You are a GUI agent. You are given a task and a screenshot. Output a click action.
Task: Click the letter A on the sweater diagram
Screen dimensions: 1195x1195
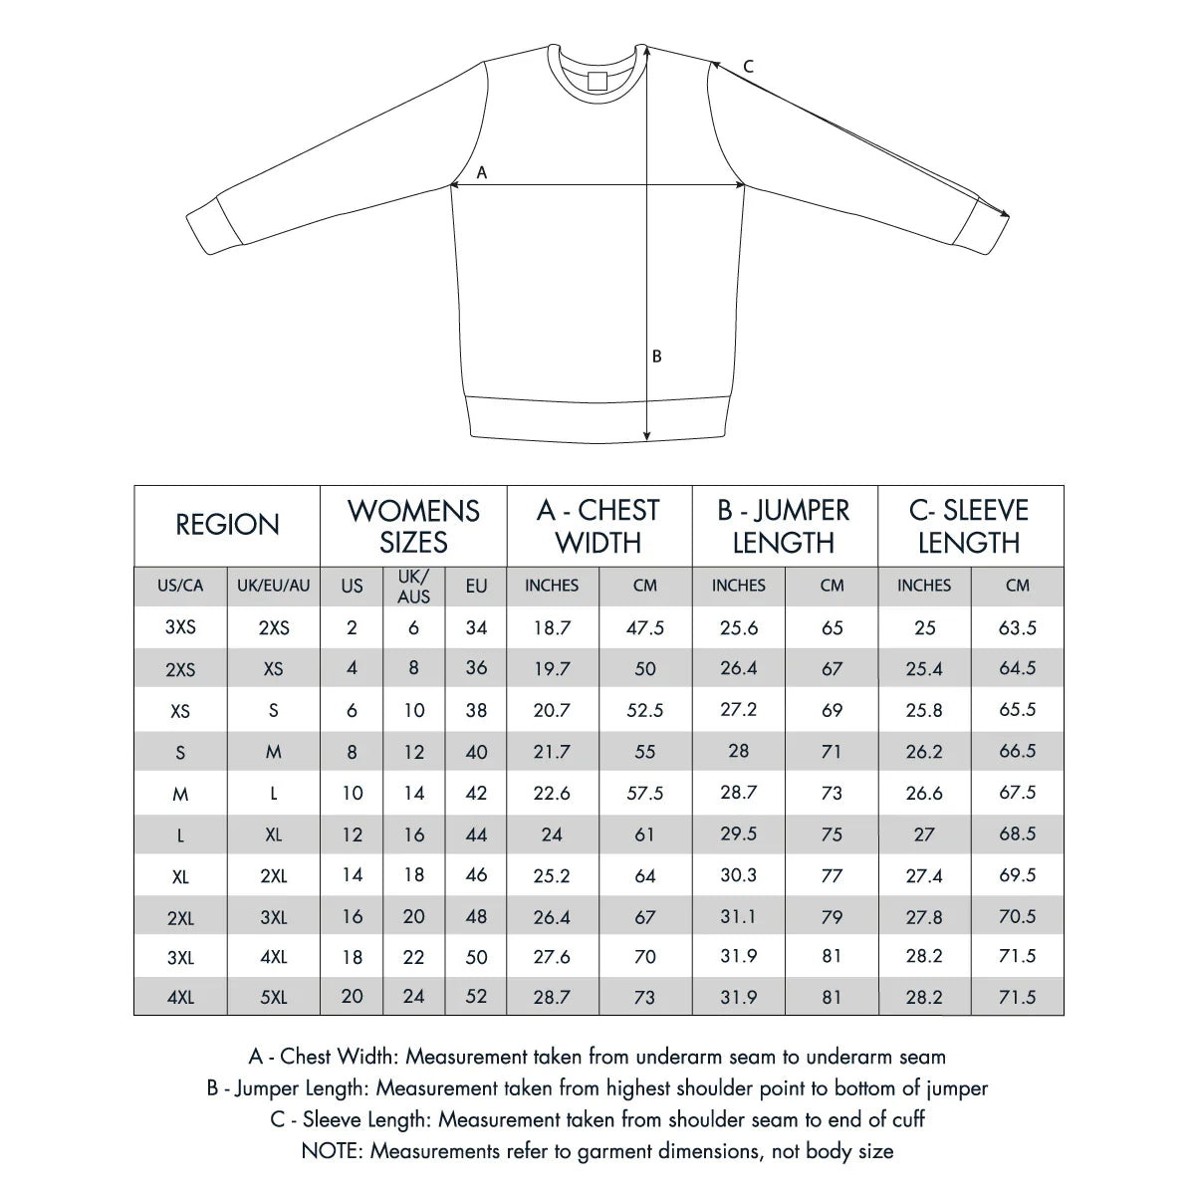point(482,172)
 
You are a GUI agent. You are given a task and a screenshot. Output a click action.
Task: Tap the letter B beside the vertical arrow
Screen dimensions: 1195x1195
point(657,356)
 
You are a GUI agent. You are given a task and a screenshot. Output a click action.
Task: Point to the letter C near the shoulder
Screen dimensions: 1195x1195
point(749,67)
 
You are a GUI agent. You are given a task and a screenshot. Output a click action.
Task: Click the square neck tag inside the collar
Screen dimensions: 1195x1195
point(597,81)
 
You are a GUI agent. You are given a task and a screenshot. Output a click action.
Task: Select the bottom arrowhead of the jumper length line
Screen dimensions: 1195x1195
point(647,434)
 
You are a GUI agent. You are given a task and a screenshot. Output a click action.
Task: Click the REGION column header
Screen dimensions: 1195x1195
point(227,525)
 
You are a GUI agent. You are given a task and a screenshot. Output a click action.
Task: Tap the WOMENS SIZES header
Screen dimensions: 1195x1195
point(413,526)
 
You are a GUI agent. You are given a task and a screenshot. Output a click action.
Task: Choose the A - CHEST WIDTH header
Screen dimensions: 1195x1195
point(598,526)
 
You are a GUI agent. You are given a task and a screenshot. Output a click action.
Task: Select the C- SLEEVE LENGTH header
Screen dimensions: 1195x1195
point(969,526)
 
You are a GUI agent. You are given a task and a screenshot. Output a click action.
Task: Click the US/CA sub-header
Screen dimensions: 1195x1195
point(180,586)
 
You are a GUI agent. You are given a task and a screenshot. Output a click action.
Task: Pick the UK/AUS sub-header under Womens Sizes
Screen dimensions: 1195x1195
point(414,586)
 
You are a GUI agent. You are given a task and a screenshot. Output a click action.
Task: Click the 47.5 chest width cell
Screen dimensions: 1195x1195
point(645,627)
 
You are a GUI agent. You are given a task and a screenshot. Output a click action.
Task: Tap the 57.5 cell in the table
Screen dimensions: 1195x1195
point(645,794)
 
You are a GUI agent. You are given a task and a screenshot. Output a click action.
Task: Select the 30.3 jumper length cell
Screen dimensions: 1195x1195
point(738,875)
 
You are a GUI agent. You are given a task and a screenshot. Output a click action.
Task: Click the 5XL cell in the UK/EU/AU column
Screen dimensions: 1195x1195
point(274,997)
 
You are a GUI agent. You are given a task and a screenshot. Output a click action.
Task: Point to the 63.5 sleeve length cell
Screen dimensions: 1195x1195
point(1018,627)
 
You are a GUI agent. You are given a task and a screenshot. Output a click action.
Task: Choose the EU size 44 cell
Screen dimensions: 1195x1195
point(477,835)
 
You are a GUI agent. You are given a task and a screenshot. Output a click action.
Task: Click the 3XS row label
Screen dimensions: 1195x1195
point(180,627)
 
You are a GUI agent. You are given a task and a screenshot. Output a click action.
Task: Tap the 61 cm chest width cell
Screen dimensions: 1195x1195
point(645,835)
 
